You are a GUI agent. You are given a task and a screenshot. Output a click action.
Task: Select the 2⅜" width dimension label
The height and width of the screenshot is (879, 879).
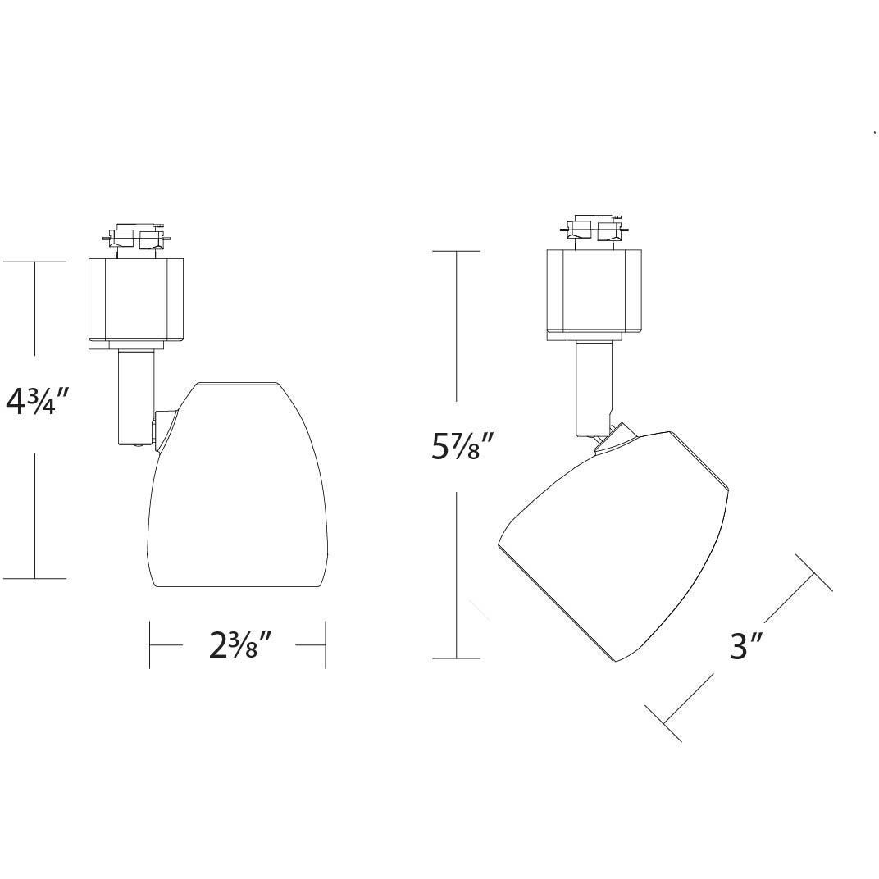coord(239,645)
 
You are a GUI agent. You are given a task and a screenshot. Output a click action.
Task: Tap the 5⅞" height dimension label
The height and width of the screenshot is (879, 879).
coord(462,447)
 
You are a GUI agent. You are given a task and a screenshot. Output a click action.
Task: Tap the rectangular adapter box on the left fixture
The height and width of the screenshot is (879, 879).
coord(137,302)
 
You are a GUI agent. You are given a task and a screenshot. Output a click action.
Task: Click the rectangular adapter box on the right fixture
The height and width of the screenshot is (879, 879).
coord(595,293)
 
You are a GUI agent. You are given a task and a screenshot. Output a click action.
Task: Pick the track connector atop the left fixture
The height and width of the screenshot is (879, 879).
coord(137,239)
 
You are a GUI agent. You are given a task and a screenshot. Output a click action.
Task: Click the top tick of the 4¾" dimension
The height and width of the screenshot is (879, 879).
coord(34,262)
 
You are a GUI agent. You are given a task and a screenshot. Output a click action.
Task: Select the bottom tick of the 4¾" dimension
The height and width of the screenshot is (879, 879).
coord(34,578)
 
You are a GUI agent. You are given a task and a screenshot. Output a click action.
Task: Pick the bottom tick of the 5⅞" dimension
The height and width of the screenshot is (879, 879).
coord(456,658)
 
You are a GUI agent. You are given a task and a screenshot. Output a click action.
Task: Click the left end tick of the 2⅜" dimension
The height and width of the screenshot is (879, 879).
coord(149,645)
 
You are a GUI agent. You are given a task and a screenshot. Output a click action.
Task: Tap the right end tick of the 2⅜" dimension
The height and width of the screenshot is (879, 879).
coord(326,645)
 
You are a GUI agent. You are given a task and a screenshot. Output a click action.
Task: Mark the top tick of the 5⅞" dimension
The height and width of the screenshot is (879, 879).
coord(456,250)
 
